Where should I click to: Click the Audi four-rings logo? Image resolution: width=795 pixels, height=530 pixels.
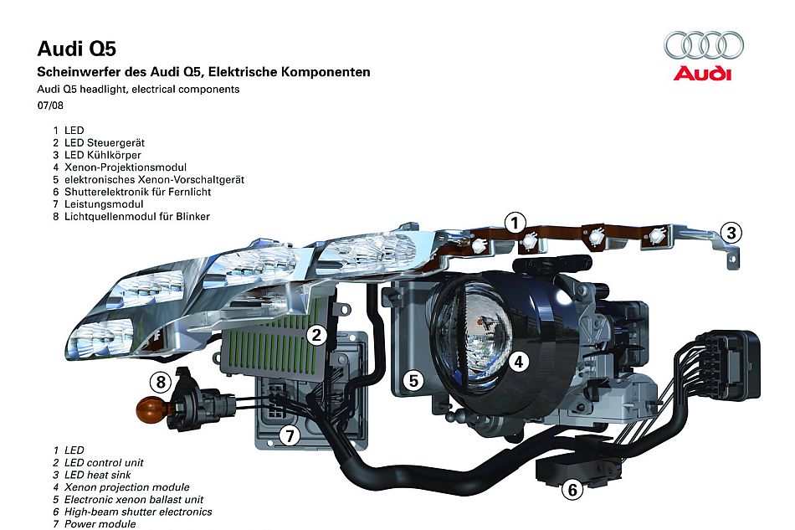point(703,44)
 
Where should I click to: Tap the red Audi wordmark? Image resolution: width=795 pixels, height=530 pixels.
point(703,74)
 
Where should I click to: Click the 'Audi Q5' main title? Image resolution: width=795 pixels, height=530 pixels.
point(70,49)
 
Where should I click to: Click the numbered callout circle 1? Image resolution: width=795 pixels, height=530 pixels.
point(515,223)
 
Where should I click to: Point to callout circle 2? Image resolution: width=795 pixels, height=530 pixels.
point(315,336)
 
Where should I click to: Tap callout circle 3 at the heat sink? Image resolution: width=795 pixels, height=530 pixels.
point(731,233)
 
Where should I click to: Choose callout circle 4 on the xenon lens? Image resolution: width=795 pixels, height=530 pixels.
point(519,362)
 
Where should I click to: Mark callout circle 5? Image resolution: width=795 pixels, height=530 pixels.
point(413,380)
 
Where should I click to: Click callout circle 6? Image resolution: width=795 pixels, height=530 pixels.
point(572,489)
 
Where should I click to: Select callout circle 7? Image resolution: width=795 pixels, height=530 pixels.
point(290,435)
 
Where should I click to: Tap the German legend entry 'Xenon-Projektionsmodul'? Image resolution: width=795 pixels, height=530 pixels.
point(124,167)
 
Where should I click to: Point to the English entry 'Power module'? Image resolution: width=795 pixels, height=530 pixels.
point(99,523)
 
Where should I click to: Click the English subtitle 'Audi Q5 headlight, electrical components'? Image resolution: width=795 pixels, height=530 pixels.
point(138,89)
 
